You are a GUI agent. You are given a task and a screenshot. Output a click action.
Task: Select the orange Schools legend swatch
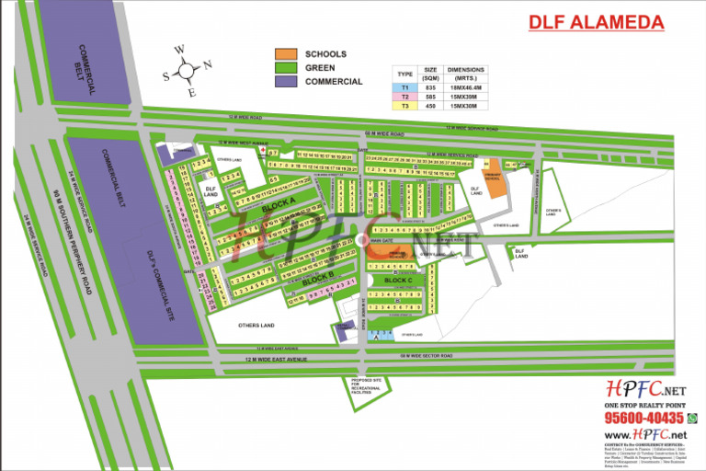288,54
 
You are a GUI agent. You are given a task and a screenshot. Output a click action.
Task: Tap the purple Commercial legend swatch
288,81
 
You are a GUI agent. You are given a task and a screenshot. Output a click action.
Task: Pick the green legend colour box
288,67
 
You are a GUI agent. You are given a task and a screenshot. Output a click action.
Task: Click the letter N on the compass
208,63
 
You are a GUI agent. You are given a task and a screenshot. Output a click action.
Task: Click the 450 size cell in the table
430,105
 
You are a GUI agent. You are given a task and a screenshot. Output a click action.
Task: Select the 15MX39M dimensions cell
465,96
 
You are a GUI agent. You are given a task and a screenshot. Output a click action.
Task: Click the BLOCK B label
317,278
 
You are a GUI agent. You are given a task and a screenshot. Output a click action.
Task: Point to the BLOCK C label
411,280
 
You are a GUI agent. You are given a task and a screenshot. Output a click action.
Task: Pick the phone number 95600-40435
640,419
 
